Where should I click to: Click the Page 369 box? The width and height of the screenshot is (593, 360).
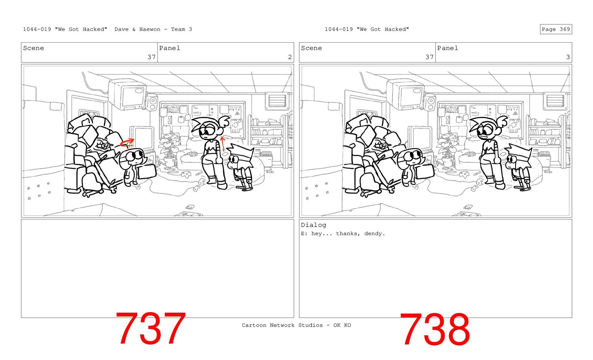tap(556, 29)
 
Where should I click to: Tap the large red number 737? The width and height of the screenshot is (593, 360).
tap(151, 329)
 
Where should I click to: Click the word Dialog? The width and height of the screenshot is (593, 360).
tap(313, 225)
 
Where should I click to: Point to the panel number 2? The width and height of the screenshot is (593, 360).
tap(290, 57)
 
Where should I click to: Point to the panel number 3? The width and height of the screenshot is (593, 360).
tap(568, 57)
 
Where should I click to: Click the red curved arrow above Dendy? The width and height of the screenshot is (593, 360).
tap(127, 142)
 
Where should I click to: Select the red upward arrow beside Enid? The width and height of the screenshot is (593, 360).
tap(223, 144)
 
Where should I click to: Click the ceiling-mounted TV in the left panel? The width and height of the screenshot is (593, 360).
tap(127, 94)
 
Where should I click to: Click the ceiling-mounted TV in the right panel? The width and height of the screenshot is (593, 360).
tap(405, 94)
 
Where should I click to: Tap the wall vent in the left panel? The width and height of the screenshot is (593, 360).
tap(277, 101)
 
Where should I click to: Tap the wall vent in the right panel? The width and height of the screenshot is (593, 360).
tap(555, 101)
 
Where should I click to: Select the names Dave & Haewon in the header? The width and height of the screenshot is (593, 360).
tap(137, 29)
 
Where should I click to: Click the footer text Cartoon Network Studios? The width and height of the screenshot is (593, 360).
tap(268, 325)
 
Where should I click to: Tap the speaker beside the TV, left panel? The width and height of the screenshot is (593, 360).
tap(152, 102)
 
